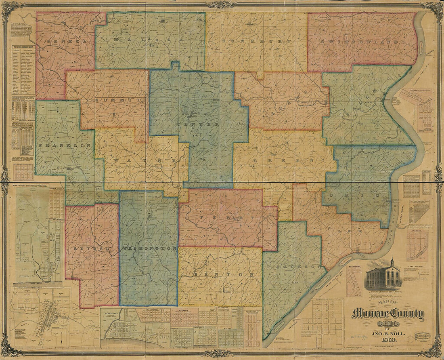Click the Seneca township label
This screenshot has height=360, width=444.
67,41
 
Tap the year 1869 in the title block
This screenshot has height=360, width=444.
387,344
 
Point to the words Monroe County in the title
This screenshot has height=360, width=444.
387,314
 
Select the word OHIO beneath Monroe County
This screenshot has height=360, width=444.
387,324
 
